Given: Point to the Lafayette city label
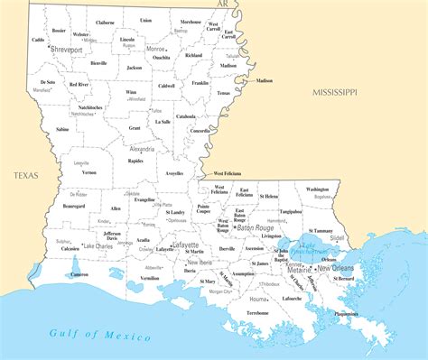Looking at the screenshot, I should click(x=185, y=245).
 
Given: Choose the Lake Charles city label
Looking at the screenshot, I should click(x=97, y=245).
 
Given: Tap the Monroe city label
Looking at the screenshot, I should click(x=155, y=49).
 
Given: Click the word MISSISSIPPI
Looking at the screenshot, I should click(x=335, y=93).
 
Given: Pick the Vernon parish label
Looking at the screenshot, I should click(x=89, y=171).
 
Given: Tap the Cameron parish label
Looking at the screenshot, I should click(x=79, y=273).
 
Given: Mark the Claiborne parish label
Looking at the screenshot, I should click(x=106, y=22).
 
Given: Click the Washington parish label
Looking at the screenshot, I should click(x=317, y=189).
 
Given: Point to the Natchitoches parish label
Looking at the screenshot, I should click(x=88, y=107).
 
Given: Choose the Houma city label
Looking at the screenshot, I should click(x=258, y=298).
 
